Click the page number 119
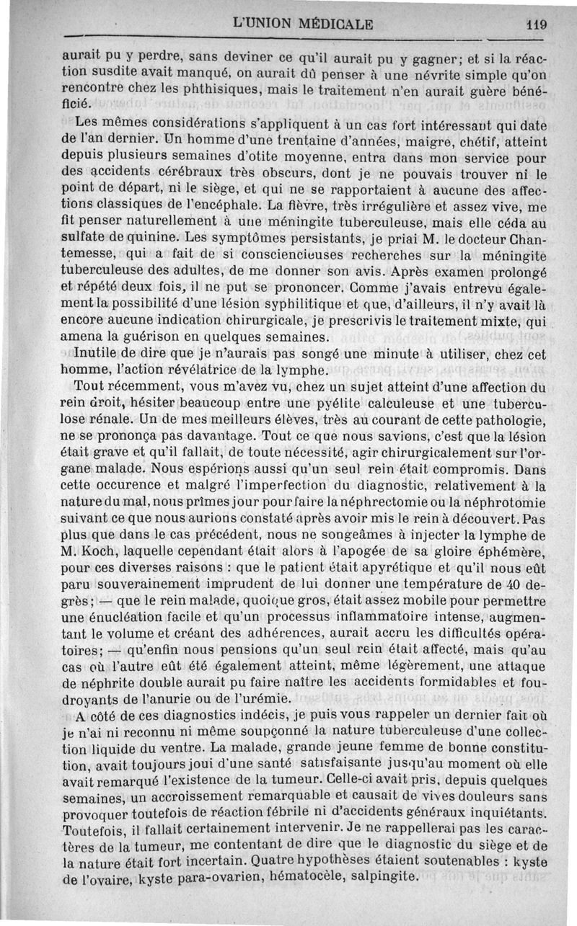coord(537,24)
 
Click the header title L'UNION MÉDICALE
coord(302,24)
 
